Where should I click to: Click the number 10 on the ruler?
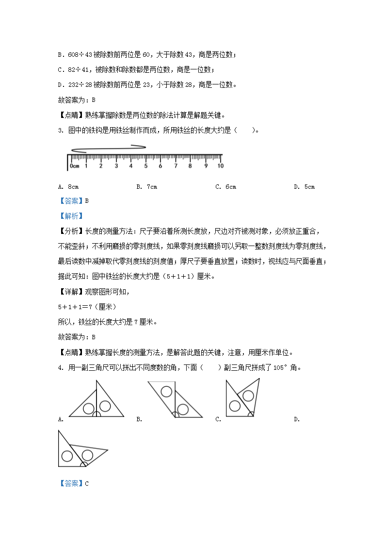220,166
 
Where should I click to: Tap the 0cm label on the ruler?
74,166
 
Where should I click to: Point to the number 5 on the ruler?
145,166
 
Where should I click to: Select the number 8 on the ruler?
190,166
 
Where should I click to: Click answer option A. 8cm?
68,187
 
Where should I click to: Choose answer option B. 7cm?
146,187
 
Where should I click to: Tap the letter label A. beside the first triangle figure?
61,419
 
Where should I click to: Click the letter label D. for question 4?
297,419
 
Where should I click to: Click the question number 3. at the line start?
60,130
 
